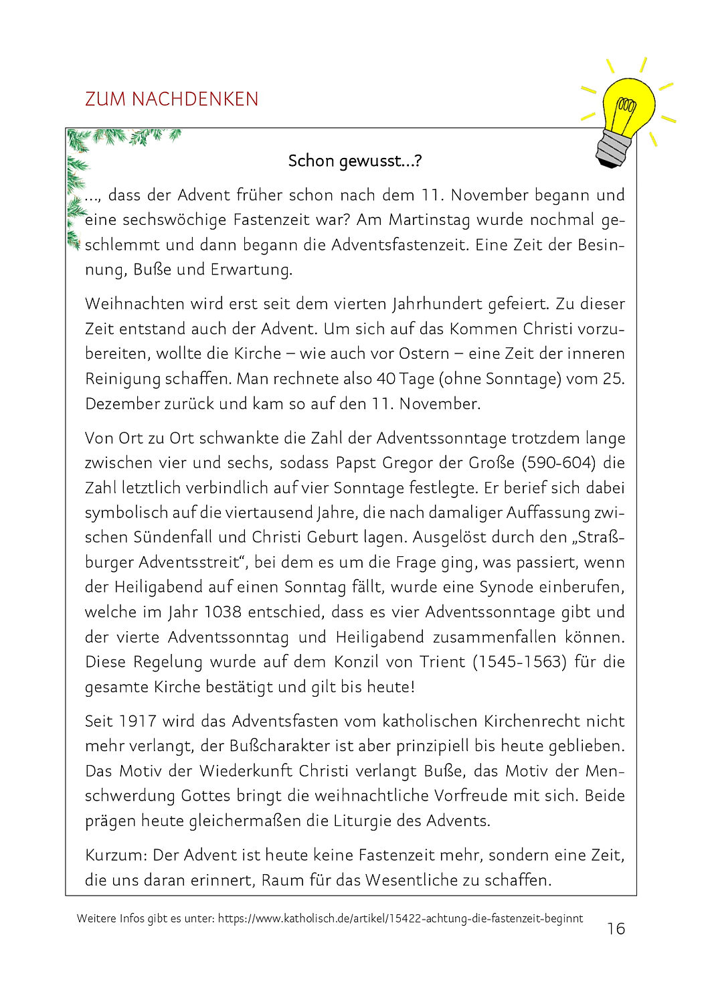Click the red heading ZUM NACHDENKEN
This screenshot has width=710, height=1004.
[171, 99]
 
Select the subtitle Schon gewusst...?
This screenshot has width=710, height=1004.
[355, 161]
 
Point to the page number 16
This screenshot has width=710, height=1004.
[616, 928]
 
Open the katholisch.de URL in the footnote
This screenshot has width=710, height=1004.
[400, 918]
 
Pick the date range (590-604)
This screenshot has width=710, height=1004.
[559, 463]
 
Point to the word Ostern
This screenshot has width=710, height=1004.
[424, 353]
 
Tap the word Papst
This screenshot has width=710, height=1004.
[355, 463]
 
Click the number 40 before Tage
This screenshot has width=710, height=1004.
[386, 379]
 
